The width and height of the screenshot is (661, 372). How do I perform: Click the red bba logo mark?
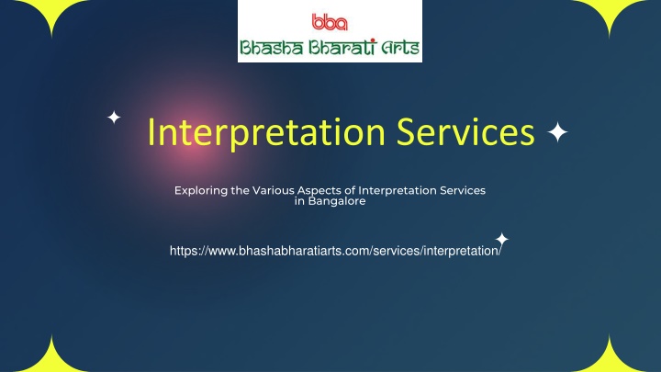[330, 22]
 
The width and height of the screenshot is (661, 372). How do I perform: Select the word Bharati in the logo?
[342, 47]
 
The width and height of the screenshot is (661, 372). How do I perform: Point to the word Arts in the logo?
[400, 48]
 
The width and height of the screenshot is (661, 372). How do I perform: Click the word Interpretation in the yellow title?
[266, 132]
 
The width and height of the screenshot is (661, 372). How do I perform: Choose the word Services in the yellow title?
[465, 131]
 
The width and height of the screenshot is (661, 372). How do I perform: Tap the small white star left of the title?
[114, 117]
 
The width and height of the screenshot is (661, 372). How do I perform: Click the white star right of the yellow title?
[557, 132]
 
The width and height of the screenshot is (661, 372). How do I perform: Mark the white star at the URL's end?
[501, 239]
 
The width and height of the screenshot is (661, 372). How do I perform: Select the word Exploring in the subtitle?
[201, 191]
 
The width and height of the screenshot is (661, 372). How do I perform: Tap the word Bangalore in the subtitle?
[337, 201]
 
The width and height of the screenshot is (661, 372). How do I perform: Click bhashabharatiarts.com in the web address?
[304, 251]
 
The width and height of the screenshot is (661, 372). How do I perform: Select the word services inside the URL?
[397, 251]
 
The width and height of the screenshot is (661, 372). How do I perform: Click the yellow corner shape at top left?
[51, 13]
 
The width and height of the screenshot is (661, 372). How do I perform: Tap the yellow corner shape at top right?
[610, 13]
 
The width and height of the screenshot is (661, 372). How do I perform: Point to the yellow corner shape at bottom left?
[51, 358]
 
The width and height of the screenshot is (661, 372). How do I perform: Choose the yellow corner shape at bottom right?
[610, 358]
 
